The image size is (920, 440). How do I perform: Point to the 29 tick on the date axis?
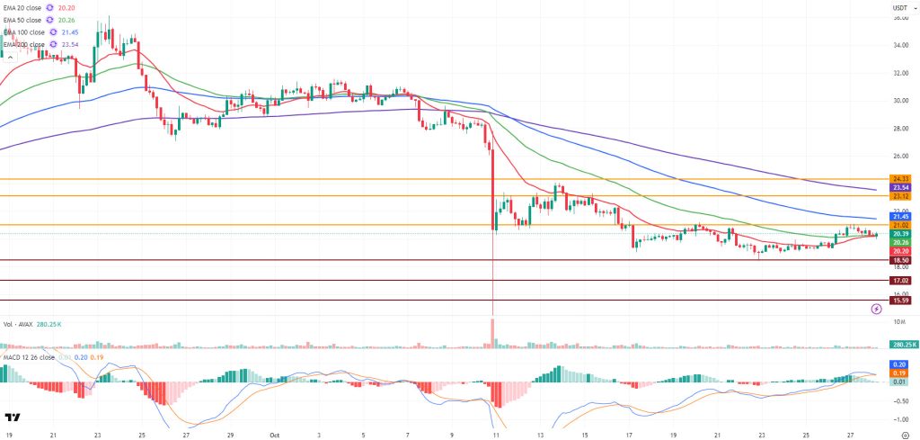pyautogui.click(x=230, y=433)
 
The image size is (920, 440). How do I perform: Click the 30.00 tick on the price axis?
pyautogui.click(x=899, y=101)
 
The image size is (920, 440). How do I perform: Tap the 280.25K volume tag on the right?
pyautogui.click(x=902, y=345)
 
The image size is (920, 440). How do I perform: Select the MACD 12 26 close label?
pyautogui.click(x=32, y=357)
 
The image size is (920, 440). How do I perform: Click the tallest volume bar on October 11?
pyautogui.click(x=493, y=331)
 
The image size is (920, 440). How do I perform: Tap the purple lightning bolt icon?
pyautogui.click(x=877, y=309)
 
